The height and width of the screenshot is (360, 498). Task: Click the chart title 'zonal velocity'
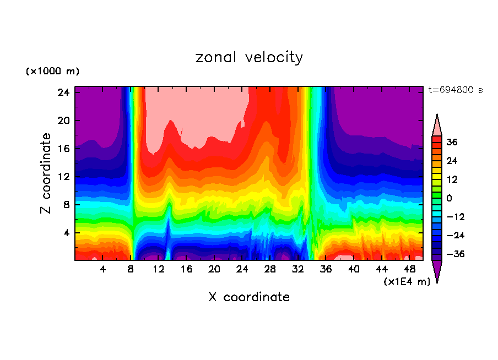(x=249, y=57)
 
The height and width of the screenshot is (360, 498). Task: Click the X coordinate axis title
(x=249, y=297)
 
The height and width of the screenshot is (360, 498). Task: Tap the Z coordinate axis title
(x=46, y=173)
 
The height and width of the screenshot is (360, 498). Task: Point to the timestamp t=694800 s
(x=455, y=90)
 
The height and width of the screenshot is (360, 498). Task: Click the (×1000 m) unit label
(x=52, y=72)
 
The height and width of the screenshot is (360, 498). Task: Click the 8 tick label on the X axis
(x=131, y=269)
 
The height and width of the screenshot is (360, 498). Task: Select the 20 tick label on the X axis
(x=214, y=269)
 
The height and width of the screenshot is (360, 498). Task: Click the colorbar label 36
(x=452, y=142)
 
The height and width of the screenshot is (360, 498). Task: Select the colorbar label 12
(x=452, y=179)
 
